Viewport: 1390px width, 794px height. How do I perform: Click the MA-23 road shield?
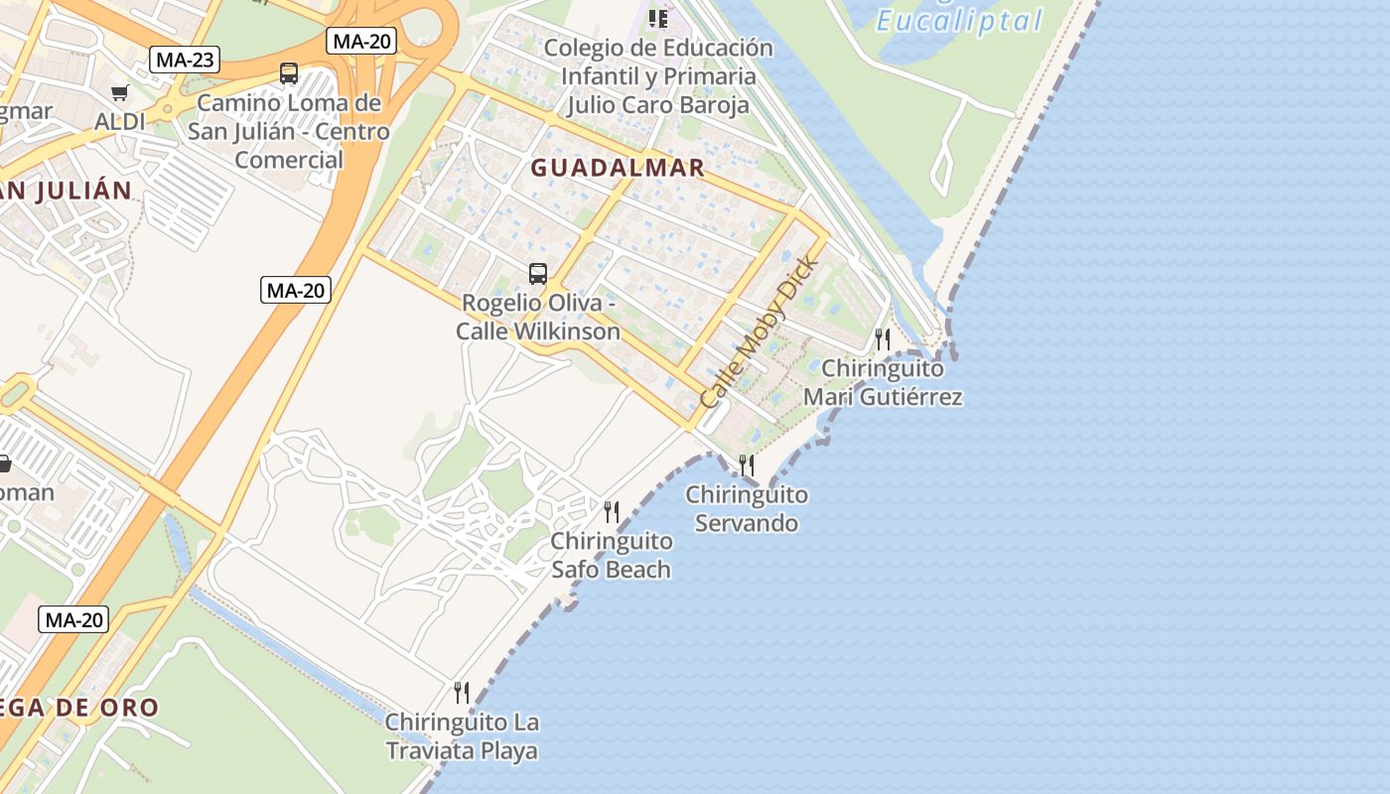186,60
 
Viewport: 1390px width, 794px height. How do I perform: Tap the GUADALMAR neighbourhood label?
618,168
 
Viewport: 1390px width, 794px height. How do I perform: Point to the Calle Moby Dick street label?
760,331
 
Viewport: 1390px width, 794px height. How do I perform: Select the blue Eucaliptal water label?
960,21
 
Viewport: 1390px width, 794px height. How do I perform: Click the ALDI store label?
120,121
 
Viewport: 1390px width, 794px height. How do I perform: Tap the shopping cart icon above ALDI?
120,93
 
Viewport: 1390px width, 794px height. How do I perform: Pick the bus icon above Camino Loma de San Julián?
289,73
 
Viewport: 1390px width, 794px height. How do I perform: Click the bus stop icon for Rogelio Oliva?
538,274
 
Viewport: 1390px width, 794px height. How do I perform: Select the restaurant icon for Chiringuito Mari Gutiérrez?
882,339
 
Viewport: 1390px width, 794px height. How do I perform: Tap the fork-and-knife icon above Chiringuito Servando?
747,464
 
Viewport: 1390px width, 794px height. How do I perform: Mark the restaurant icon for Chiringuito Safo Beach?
612,512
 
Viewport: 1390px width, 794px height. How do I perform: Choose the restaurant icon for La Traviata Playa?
462,692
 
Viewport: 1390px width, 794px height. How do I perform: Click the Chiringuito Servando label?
747,508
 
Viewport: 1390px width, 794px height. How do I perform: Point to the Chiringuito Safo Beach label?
611,556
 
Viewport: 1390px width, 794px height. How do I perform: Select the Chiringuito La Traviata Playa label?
462,735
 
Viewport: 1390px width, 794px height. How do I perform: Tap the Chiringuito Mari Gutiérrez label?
883,383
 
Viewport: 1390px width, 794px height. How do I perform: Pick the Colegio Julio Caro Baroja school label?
658,76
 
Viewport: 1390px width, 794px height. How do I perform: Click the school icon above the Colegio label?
658,18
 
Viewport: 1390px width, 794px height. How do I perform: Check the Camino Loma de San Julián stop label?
289,131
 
